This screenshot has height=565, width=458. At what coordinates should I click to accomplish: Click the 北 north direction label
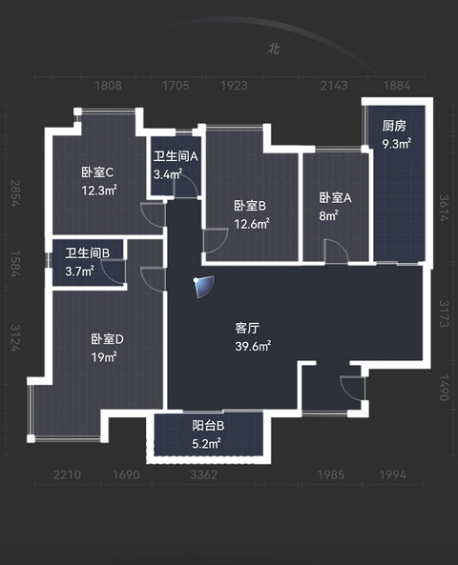coord(274,49)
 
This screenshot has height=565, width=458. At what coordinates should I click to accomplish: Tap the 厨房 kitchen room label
coord(394,126)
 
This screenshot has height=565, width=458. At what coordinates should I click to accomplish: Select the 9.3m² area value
coord(397,144)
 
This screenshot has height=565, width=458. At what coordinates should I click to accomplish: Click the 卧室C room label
coord(97,172)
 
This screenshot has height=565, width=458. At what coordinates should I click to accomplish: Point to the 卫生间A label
coord(176,156)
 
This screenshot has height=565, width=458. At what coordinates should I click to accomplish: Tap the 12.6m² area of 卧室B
coord(252,224)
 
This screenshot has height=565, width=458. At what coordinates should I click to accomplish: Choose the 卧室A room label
coord(335,197)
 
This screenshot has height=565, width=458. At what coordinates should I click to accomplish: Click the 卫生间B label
coord(88,252)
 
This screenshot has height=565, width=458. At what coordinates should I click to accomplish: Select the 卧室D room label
coord(107,339)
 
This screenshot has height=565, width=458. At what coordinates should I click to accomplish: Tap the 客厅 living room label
coord(247,329)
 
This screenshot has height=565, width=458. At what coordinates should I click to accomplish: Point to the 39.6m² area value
coord(254,346)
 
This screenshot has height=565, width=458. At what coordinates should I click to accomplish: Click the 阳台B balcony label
coord(208,426)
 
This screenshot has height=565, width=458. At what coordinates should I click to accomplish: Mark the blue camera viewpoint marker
coord(203,287)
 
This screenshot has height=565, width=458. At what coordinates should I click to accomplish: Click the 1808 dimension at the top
coord(108,86)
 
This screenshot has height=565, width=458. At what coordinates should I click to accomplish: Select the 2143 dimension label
coord(334,86)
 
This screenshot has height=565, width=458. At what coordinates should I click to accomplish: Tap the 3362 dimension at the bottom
coord(204,474)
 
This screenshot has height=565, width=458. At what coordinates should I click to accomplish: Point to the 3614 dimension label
coord(444,208)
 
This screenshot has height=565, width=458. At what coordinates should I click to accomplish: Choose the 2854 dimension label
coord(14,193)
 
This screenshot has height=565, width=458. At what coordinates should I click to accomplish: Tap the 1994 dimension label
coord(393,474)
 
